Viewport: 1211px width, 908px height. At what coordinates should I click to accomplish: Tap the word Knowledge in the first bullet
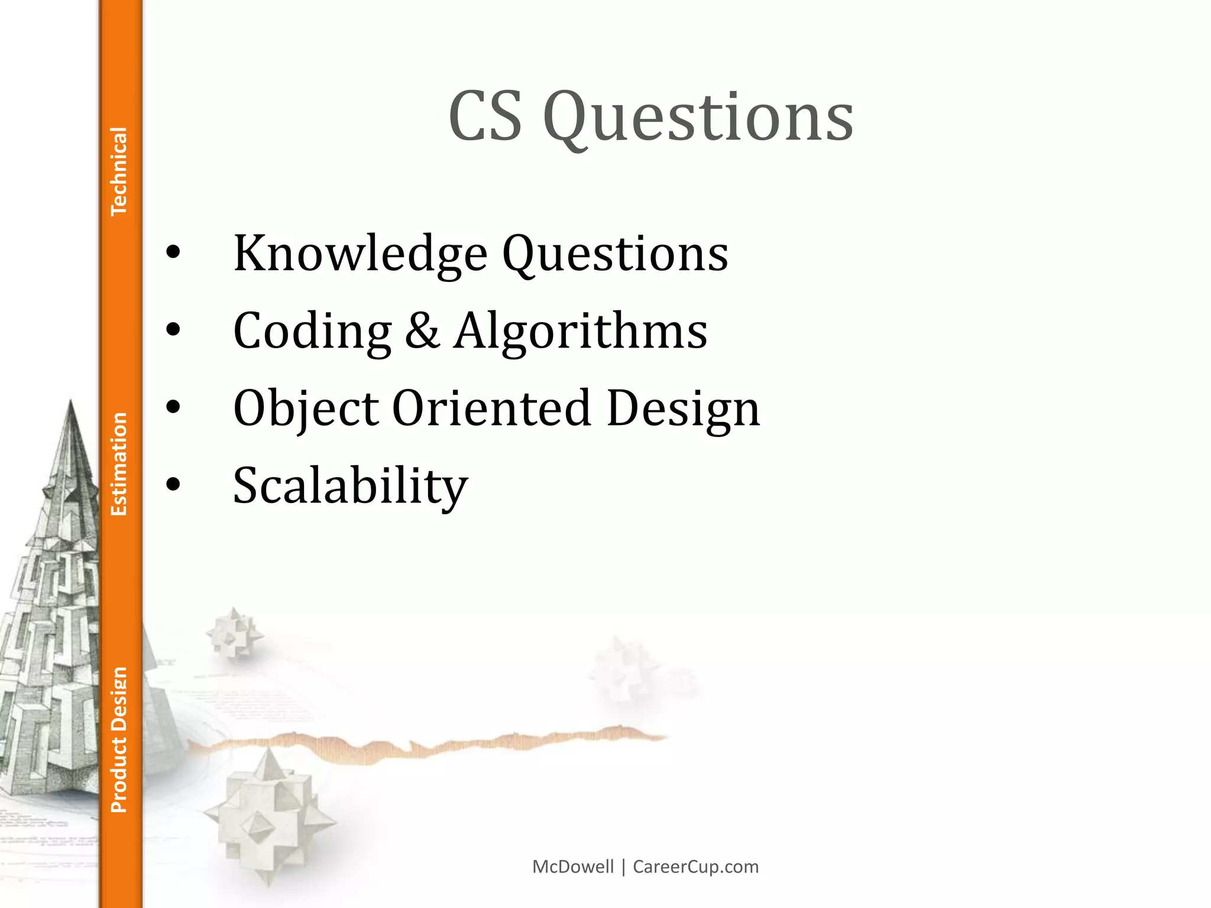[360, 254]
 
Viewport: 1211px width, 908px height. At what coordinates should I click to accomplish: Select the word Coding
[312, 331]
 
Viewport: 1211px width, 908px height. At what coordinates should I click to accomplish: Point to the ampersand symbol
[422, 330]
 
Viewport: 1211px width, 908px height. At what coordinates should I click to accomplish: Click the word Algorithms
[580, 330]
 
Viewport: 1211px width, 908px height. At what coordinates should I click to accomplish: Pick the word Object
[306, 409]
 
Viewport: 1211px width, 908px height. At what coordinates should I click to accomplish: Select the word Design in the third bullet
[683, 409]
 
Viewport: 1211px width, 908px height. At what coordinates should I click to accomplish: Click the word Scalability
[351, 486]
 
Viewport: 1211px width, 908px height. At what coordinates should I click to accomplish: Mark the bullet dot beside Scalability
[173, 485]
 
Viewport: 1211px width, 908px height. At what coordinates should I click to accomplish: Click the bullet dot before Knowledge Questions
[173, 253]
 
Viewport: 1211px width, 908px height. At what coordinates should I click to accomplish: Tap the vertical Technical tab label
[119, 171]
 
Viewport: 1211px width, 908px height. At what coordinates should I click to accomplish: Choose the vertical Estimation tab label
[119, 464]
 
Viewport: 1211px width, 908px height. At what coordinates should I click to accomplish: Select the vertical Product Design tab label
[119, 740]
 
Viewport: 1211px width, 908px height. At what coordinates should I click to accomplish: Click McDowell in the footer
[573, 867]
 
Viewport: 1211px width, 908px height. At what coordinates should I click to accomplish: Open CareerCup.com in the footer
[695, 867]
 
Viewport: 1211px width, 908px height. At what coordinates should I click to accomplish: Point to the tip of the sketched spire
[71, 402]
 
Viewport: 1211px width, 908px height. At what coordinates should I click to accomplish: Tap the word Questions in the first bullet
[615, 254]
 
